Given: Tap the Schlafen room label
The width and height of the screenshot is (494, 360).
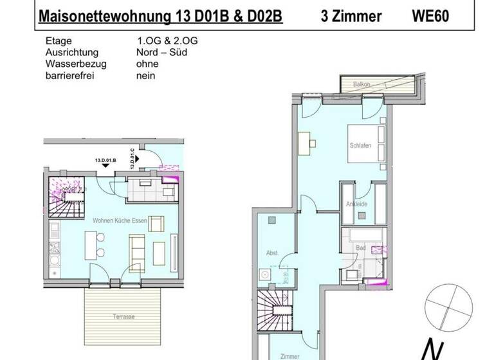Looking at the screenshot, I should point(360,146).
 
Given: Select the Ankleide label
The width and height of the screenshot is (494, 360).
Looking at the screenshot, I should point(356,204).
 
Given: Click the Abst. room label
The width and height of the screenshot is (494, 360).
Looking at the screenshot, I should point(272,253).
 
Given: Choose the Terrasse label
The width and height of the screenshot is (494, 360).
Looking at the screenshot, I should point(123,318).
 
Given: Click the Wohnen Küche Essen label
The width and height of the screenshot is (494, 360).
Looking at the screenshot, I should point(120,221).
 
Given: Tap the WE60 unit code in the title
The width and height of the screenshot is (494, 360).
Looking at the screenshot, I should point(430,16).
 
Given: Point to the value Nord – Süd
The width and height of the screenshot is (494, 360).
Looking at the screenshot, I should point(161,52).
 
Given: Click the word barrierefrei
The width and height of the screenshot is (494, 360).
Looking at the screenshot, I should point(69,75).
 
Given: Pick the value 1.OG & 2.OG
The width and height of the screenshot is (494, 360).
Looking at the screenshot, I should point(163,40).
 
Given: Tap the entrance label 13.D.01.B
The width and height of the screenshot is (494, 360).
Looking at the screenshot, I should point(105,157).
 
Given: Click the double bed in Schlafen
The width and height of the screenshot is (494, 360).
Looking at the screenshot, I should point(368,143).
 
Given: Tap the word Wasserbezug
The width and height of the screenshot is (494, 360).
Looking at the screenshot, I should point(76,64).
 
